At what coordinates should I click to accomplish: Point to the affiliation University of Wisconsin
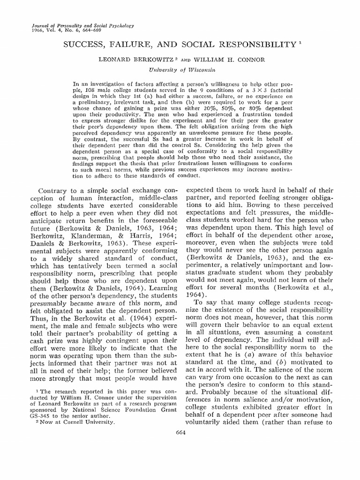(180, 69)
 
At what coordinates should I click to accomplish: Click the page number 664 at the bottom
(180, 433)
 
